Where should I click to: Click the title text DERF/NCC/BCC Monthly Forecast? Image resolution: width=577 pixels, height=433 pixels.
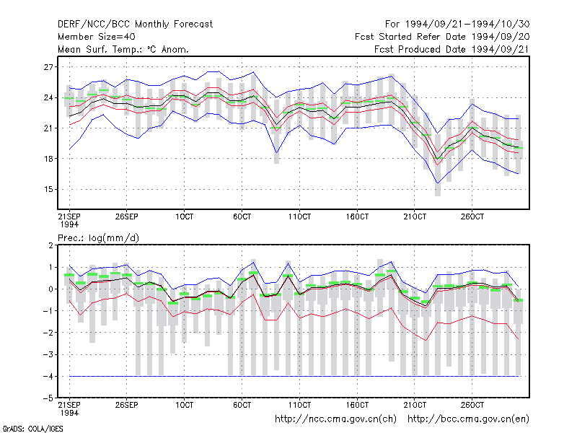(135, 25)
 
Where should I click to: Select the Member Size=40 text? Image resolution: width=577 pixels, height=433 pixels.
(97, 37)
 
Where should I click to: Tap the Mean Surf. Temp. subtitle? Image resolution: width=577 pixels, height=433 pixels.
(123, 49)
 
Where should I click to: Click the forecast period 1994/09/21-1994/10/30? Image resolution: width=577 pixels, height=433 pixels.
(457, 25)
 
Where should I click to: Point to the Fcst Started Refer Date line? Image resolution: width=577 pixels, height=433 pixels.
(442, 37)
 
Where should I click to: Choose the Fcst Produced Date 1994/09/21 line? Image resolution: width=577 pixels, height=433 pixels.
(452, 49)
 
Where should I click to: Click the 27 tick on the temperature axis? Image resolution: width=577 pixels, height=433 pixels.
(48, 67)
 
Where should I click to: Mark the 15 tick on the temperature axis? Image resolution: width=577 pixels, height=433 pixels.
(48, 189)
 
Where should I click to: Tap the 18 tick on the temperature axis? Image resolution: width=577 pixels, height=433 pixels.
(48, 159)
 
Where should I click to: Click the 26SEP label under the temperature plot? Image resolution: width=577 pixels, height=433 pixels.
(127, 216)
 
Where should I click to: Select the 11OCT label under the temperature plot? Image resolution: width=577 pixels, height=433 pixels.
(299, 216)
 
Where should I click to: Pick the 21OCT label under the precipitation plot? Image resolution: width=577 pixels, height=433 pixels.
(415, 405)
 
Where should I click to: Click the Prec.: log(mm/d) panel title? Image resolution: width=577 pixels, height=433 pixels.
(99, 238)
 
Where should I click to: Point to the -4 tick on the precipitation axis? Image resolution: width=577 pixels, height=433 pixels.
(48, 376)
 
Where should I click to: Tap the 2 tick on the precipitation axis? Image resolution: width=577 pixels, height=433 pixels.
(50, 245)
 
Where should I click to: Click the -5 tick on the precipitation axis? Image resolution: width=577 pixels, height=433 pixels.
(48, 398)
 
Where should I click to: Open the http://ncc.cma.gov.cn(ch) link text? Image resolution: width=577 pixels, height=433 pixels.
(335, 419)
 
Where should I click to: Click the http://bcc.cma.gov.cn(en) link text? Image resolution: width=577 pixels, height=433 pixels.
(468, 419)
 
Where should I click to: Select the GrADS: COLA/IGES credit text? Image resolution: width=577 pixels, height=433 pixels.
(32, 429)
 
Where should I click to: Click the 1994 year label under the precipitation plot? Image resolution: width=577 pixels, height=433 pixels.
(69, 413)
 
